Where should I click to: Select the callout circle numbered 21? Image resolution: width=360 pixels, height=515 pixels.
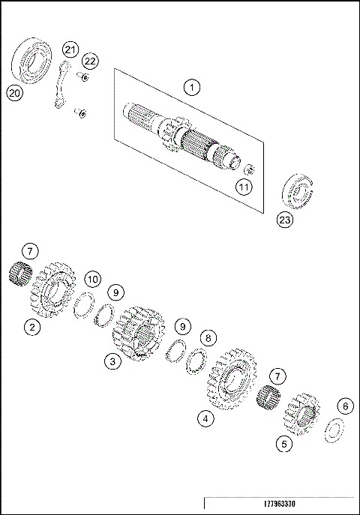[x=70, y=49]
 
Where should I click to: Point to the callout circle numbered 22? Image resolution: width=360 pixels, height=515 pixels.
[x=90, y=60]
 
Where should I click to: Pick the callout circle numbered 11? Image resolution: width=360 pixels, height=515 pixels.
[x=243, y=187]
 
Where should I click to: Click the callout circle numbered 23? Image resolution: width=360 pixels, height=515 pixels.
[x=285, y=220]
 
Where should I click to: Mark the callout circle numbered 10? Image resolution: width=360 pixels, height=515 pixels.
[x=91, y=279]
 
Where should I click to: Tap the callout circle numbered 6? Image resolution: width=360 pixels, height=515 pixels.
[x=344, y=406]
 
